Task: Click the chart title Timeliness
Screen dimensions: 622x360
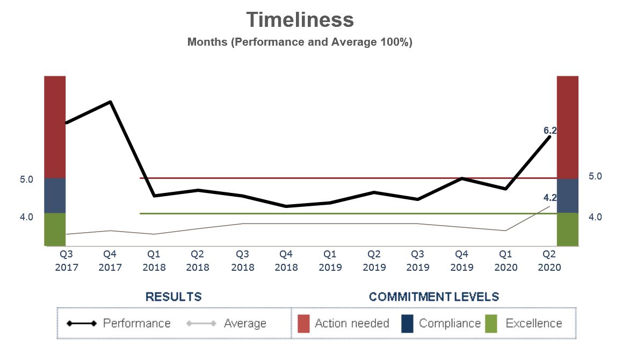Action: [x=300, y=20]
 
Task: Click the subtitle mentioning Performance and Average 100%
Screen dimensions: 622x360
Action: [x=300, y=42]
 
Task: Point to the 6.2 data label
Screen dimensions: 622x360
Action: [x=550, y=131]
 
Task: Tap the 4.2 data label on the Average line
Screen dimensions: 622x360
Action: [x=550, y=198]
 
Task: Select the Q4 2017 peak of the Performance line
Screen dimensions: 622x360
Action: [x=110, y=102]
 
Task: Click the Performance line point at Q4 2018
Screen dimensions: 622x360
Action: [x=286, y=206]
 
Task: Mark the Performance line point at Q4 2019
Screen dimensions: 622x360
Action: [x=462, y=178]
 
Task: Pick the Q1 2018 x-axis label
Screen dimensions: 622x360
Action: [x=154, y=261]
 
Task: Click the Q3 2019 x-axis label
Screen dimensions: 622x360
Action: [x=418, y=261]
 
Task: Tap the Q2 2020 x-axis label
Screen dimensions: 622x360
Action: [x=549, y=261]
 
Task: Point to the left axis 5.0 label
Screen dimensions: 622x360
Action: [x=26, y=179]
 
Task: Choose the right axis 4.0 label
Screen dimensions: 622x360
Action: [x=595, y=217]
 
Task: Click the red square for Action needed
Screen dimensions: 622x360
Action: [x=303, y=323]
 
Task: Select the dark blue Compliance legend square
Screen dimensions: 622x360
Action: [x=407, y=323]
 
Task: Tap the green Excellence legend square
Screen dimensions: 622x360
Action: [x=491, y=323]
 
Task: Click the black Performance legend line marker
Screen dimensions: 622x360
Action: [x=82, y=323]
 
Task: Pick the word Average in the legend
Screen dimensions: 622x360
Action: [x=245, y=323]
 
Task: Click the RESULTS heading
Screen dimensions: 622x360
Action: [x=173, y=297]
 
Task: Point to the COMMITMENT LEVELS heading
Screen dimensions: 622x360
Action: [x=434, y=297]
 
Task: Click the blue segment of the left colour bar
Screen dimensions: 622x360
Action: [x=55, y=196]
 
